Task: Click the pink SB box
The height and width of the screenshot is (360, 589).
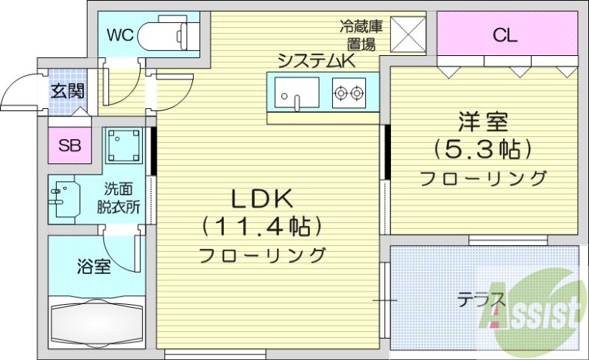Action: click(x=70, y=145)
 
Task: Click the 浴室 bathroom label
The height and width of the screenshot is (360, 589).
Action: click(x=94, y=266)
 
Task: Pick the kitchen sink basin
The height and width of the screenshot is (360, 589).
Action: click(x=297, y=93)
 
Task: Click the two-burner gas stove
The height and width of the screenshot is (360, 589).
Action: click(x=348, y=93)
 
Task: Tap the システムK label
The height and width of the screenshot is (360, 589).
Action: click(x=317, y=62)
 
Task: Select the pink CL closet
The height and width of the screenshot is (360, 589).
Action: click(x=505, y=34)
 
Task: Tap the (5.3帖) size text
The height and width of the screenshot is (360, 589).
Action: click(x=483, y=149)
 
